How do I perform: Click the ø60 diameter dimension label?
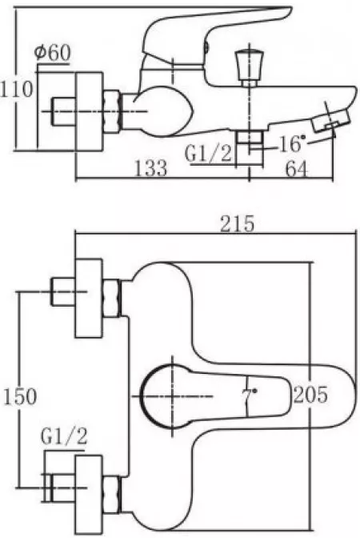(x=52, y=53)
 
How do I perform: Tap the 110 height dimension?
(x=16, y=89)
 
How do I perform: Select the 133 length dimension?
(x=151, y=168)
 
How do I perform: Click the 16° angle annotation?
(x=292, y=144)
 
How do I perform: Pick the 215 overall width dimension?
(x=238, y=223)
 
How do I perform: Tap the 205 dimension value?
(x=310, y=395)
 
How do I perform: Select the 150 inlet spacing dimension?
(x=19, y=396)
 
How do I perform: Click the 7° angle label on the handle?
(x=250, y=395)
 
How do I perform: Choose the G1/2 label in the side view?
(x=209, y=154)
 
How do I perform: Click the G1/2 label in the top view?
(x=64, y=436)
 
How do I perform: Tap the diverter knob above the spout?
(x=250, y=68)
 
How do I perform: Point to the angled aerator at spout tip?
(x=330, y=121)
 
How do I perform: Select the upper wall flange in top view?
(x=89, y=298)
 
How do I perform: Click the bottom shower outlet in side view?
(x=250, y=148)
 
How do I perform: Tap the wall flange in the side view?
(x=89, y=111)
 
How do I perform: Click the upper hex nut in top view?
(x=112, y=298)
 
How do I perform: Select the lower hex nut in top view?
(x=112, y=495)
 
